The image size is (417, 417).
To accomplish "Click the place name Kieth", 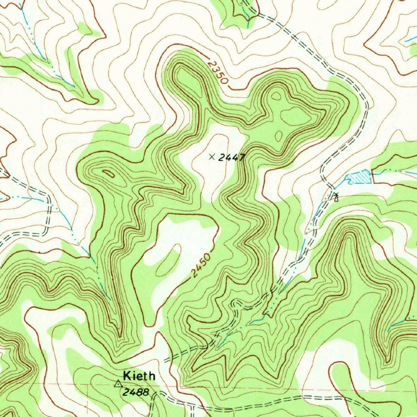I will tap(139, 375).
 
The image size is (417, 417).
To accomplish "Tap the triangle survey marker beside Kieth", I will tap(118, 384).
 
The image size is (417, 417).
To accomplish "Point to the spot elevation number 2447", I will tap(231, 158).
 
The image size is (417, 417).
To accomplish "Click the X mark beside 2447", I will tap(211, 156).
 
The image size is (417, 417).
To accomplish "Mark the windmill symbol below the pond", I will tap(336, 198).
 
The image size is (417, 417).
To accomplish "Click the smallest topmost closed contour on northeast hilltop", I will tap(277, 96).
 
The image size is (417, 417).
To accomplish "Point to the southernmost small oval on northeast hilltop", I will tap(278, 136).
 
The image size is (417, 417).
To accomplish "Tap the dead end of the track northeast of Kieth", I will tap(165, 361).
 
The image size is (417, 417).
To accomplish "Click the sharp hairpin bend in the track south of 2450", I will tap(233, 303).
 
